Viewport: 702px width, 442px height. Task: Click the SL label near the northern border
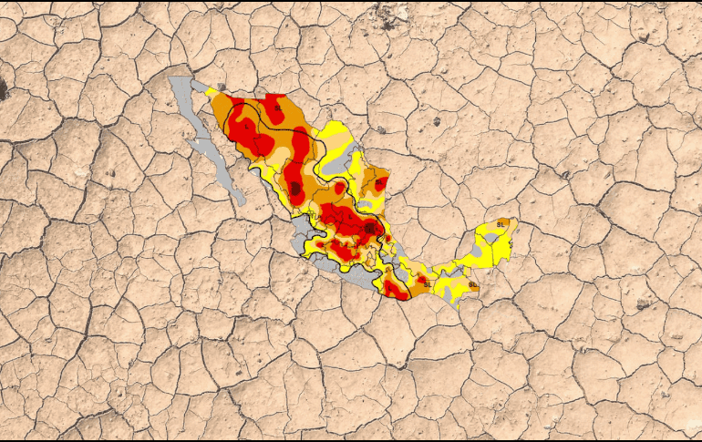[278, 108]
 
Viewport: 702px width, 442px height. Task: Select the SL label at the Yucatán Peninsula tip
[501, 224]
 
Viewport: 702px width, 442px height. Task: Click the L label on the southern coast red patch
[393, 290]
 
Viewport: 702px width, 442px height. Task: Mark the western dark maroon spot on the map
[294, 189]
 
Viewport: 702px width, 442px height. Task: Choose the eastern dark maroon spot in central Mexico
[370, 227]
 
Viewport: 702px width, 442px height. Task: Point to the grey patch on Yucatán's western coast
[479, 248]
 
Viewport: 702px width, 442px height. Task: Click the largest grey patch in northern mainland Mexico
[334, 163]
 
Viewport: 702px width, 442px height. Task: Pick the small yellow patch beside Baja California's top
[212, 92]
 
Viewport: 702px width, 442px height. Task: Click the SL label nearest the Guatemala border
[471, 284]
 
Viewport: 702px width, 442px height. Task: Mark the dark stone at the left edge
[3, 89]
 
